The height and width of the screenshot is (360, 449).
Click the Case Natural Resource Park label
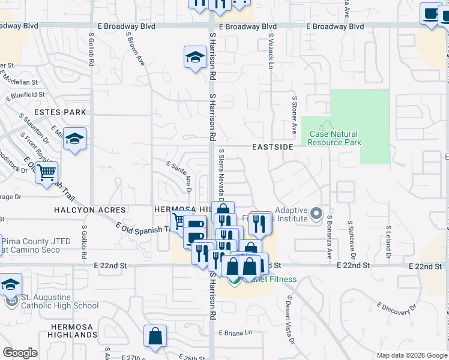click(334, 139)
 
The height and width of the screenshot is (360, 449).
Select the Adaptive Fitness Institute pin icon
click(316, 214)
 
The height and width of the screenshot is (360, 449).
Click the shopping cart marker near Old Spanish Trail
click(46, 173)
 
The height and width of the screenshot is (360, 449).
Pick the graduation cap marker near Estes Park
click(75, 139)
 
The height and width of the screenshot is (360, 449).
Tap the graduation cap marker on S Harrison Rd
click(194, 58)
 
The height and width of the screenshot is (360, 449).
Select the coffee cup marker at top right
click(431, 14)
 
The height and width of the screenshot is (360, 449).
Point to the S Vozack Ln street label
click(271, 49)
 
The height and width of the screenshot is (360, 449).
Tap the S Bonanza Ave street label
click(329, 239)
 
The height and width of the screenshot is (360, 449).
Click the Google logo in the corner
click(20, 353)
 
